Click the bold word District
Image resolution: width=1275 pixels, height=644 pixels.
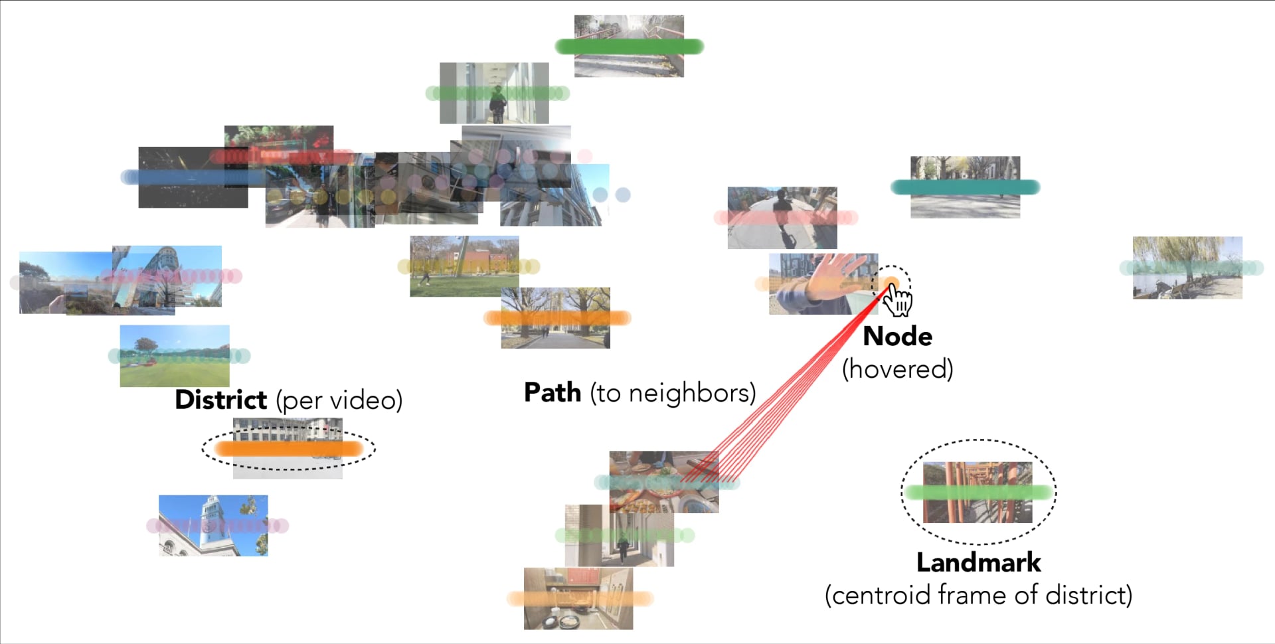tap(220, 400)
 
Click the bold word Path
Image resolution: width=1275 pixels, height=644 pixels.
tap(552, 392)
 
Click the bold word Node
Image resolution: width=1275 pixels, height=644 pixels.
tap(897, 337)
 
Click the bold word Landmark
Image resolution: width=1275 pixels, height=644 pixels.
tap(978, 563)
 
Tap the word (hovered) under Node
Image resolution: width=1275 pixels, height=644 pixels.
tap(897, 369)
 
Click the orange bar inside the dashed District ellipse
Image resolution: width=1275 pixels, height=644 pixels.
tap(288, 449)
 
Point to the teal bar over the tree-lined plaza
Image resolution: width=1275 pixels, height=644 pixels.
tap(965, 188)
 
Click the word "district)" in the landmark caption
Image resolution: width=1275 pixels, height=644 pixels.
tap(1088, 596)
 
